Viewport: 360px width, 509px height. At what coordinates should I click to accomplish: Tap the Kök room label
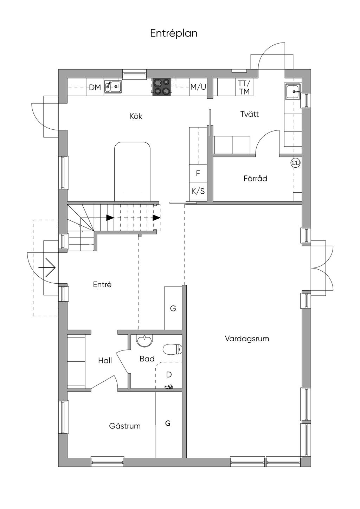pyautogui.click(x=136, y=116)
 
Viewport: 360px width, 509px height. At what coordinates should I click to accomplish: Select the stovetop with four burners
pyautogui.click(x=162, y=86)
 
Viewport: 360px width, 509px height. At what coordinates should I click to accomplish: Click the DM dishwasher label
pyautogui.click(x=95, y=87)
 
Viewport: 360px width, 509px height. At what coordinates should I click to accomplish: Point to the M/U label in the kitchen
pyautogui.click(x=198, y=87)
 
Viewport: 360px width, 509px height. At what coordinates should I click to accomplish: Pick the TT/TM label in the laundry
pyautogui.click(x=244, y=87)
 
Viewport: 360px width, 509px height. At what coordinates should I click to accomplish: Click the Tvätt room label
pyautogui.click(x=250, y=114)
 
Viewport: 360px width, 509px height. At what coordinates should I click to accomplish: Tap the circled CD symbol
pyautogui.click(x=296, y=163)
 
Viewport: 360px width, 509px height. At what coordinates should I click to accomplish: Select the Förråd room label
pyautogui.click(x=256, y=178)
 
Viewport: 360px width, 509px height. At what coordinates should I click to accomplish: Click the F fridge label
pyautogui.click(x=198, y=173)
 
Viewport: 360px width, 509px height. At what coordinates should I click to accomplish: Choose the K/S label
pyautogui.click(x=198, y=191)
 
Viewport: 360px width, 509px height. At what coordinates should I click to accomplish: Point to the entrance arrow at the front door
pyautogui.click(x=47, y=268)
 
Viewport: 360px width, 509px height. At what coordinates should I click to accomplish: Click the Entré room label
pyautogui.click(x=102, y=284)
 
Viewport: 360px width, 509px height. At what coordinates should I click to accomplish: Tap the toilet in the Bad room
pyautogui.click(x=173, y=349)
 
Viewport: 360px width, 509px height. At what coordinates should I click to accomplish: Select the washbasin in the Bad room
pyautogui.click(x=144, y=341)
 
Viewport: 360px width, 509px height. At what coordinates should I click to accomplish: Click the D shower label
pyautogui.click(x=169, y=375)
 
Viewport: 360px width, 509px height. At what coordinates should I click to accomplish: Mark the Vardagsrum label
pyautogui.click(x=247, y=339)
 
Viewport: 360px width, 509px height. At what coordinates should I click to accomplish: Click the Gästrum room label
pyautogui.click(x=125, y=426)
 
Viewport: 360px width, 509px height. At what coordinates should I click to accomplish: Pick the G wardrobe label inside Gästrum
pyautogui.click(x=168, y=423)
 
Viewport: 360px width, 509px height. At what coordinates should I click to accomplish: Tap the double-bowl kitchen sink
pyautogui.click(x=113, y=86)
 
